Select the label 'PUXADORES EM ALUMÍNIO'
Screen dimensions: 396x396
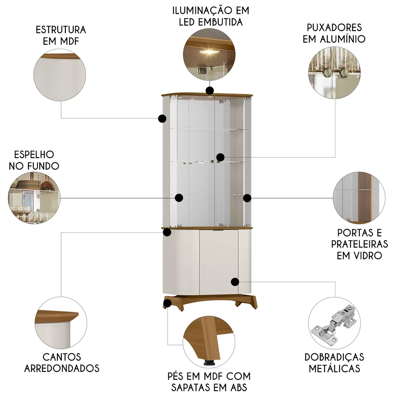tap(334, 33)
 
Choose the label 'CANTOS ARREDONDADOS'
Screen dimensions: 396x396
tap(61, 362)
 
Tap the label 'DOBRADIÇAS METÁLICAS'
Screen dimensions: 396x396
tap(334, 362)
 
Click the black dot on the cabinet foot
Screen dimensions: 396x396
tap(167, 304)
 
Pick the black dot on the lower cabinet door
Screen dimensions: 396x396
tap(235, 282)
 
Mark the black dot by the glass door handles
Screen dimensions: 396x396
tap(220, 158)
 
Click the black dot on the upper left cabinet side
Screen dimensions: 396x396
tap(162, 118)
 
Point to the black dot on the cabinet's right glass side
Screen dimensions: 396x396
tap(247, 197)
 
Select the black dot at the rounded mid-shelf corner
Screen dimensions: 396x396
tap(167, 232)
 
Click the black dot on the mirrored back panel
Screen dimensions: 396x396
tap(179, 197)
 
